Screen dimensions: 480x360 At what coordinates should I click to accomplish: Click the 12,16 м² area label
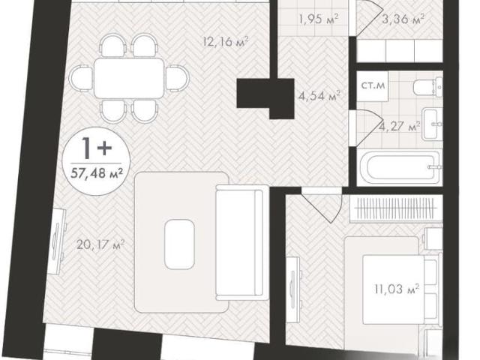pos(225,41)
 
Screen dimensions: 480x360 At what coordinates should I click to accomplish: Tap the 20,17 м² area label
pos(100,244)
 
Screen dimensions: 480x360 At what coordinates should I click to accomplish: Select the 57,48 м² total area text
pos(97,173)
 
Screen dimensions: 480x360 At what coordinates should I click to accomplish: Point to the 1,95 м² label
pos(319,19)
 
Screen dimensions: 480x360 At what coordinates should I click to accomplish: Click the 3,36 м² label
pos(403,19)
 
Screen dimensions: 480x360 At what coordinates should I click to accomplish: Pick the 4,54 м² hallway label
pos(319,96)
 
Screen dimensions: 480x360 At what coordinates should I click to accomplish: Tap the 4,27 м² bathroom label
pos(399,126)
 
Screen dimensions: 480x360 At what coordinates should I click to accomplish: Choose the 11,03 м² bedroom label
pos(397,288)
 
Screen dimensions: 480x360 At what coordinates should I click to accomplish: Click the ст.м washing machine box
pos(373,86)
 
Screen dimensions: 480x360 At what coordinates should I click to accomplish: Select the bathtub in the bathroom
pos(400,167)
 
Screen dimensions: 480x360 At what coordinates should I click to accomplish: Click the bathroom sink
pos(432,124)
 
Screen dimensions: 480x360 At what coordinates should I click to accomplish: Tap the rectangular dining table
pos(129,78)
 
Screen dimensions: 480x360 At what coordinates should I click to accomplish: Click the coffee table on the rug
pos(179,244)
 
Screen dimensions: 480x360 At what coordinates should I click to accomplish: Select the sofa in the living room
pos(239,242)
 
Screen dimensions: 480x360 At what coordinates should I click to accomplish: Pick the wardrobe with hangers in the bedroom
pos(396,208)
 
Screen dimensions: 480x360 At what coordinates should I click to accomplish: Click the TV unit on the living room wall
pos(58,241)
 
